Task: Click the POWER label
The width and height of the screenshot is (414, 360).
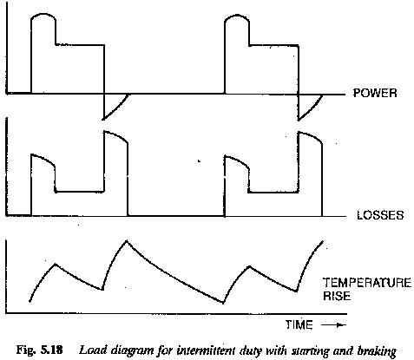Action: click(x=375, y=93)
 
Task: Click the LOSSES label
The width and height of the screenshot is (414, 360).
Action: click(x=380, y=215)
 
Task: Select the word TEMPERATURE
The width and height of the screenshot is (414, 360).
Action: click(x=367, y=283)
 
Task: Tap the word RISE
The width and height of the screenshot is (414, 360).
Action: click(x=337, y=296)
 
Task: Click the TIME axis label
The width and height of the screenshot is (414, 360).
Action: click(x=299, y=324)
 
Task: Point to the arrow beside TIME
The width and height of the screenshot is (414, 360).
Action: click(x=333, y=325)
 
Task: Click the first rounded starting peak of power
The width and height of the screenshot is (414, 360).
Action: click(x=43, y=14)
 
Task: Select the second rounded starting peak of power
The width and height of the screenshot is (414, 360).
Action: click(x=237, y=15)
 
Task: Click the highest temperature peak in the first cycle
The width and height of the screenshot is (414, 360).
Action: click(x=126, y=240)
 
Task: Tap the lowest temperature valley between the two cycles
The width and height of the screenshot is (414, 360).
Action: click(x=223, y=303)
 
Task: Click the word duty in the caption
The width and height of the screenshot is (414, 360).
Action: click(x=252, y=350)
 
